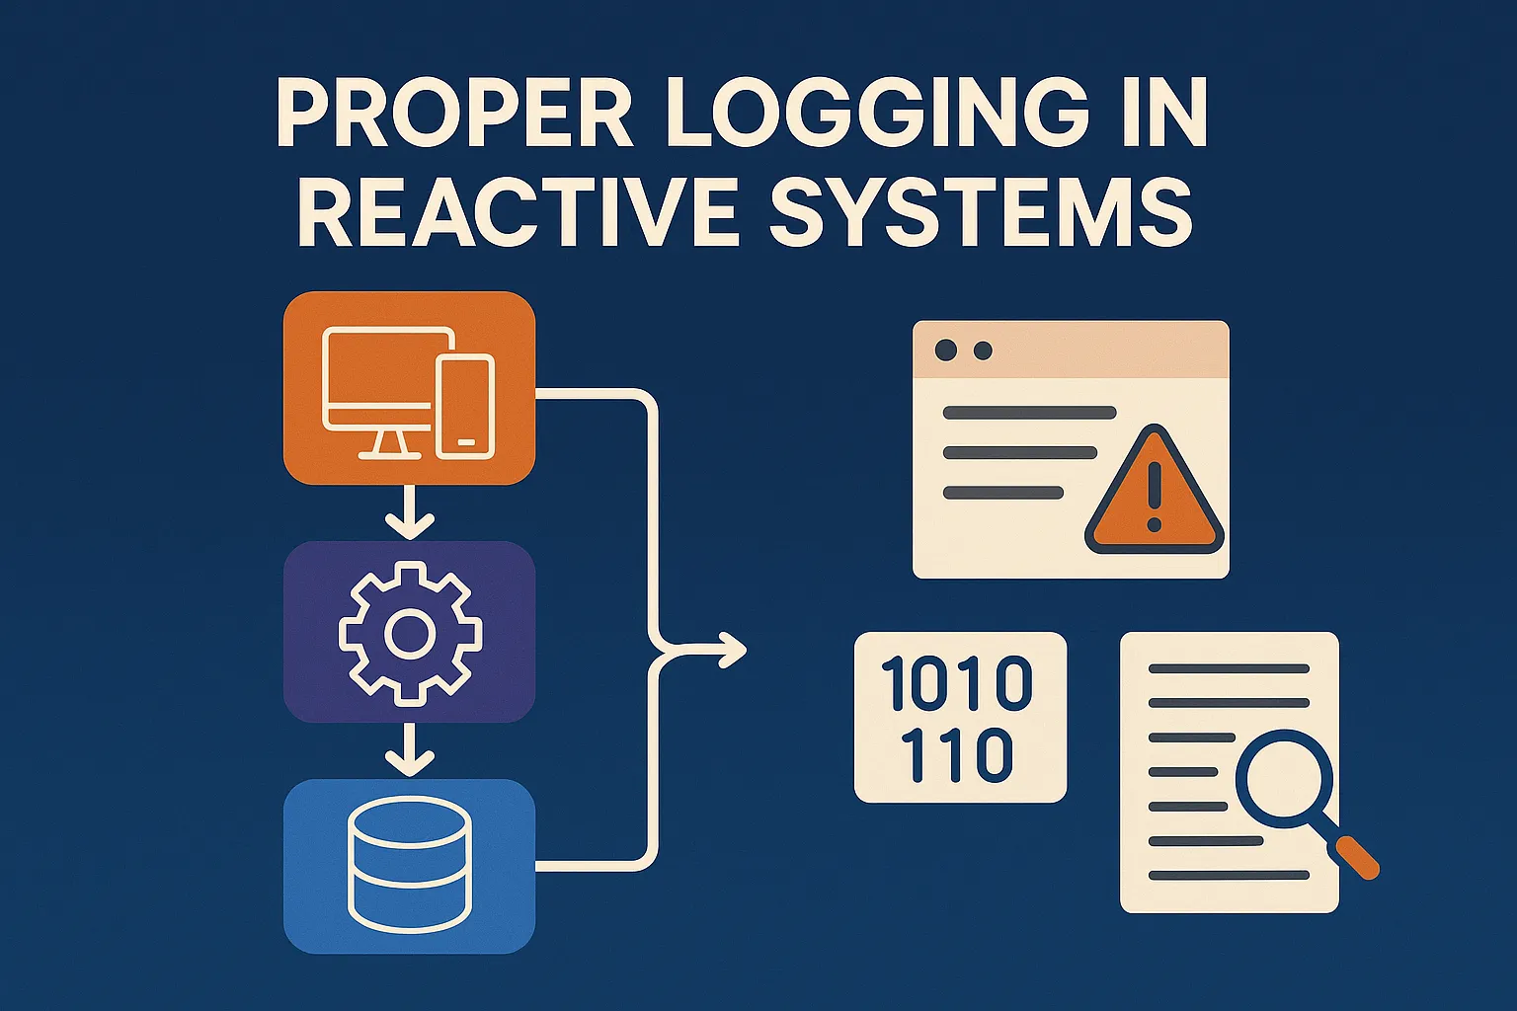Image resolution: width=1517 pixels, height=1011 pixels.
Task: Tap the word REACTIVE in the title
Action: point(517,211)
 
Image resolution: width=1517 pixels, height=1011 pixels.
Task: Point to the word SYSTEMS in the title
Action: point(980,211)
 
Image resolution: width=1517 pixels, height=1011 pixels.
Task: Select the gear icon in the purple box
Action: point(411,633)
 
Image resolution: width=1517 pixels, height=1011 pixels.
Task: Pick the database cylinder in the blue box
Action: point(410,865)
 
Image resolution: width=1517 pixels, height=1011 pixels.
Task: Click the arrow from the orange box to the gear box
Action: point(410,511)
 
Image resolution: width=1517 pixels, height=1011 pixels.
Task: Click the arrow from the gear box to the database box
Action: point(410,749)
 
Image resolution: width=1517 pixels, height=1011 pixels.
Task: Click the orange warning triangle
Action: point(1155,491)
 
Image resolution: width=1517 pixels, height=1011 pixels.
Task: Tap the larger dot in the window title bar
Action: point(945,350)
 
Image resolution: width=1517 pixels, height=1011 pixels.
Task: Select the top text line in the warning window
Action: point(1029,413)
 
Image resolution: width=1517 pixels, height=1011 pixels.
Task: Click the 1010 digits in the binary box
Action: point(957,683)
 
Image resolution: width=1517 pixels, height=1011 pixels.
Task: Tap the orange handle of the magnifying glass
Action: point(1358,858)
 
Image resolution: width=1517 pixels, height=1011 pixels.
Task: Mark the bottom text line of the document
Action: point(1230,876)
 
